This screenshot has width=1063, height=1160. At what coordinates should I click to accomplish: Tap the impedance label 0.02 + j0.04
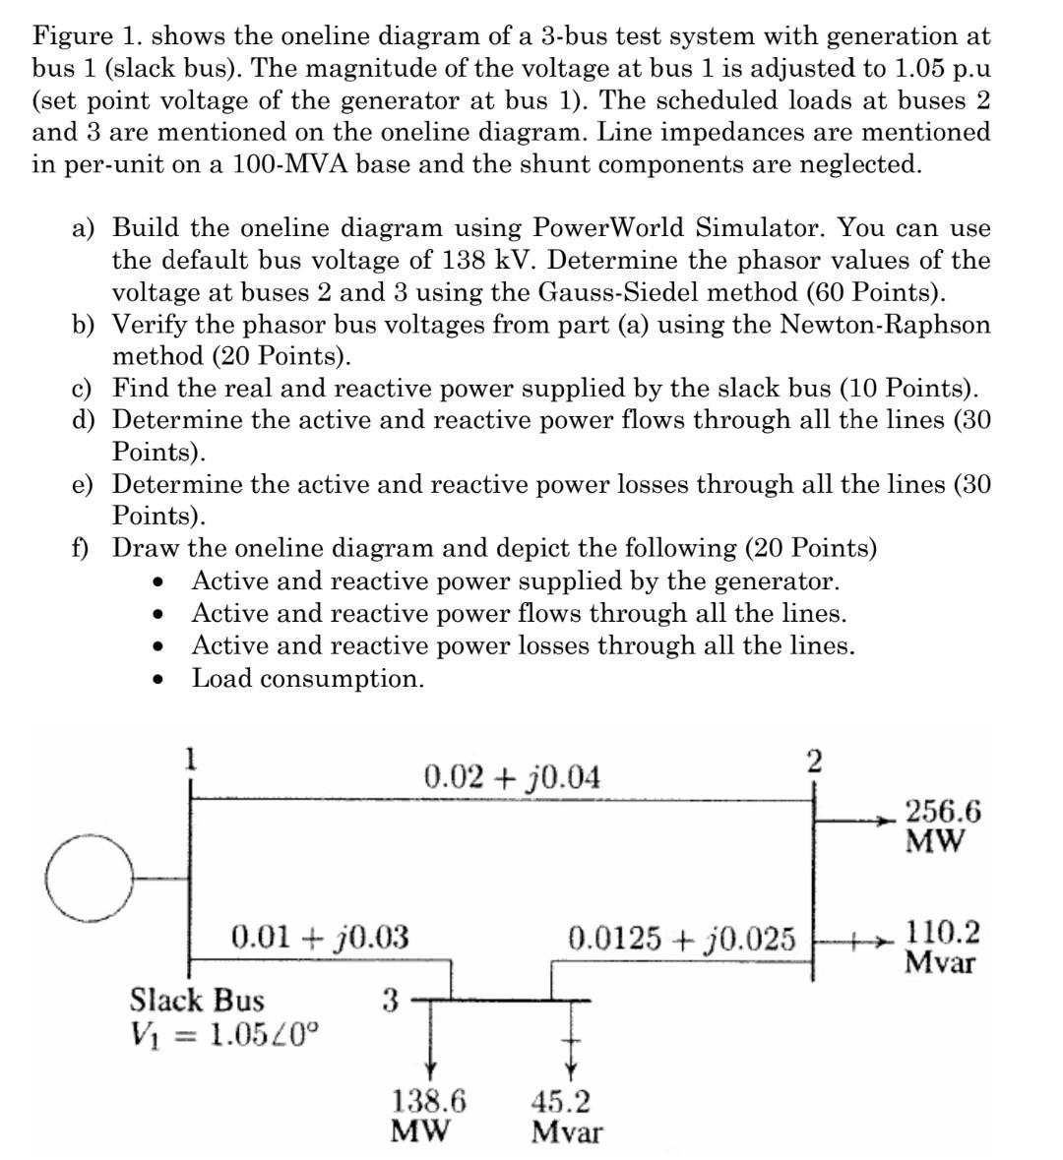coord(511,777)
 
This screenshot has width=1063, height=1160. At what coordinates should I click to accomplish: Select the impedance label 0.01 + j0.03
coord(319,936)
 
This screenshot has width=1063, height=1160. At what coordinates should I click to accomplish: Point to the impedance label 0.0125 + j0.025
coord(681,938)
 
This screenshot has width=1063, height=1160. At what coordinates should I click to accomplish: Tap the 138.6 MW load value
coord(429,1115)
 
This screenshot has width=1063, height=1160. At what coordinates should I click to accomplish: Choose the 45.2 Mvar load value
coord(566,1116)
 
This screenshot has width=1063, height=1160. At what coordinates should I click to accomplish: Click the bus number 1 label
coord(192,758)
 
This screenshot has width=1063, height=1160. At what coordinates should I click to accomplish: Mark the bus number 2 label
coord(813,762)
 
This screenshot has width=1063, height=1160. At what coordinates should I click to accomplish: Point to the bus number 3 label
coord(389,1001)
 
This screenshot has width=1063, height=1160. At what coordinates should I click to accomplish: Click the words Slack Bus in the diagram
coord(197,1001)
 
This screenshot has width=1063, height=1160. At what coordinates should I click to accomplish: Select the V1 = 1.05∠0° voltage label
coord(225,1034)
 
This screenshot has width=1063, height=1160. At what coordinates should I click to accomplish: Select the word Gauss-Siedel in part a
coord(719,292)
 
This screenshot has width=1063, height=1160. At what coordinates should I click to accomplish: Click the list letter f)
coord(83,548)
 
